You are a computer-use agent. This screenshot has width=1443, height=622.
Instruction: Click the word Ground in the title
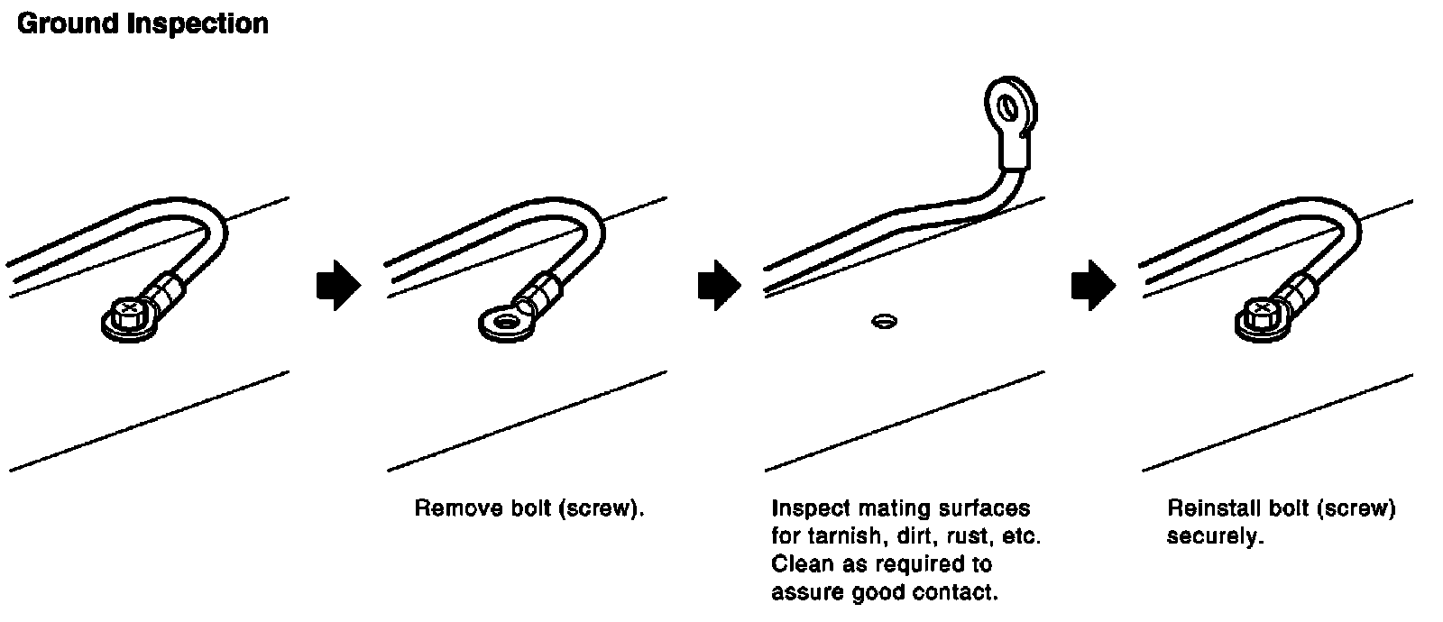click(x=68, y=23)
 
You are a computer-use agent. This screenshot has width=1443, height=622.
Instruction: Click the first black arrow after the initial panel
click(x=338, y=286)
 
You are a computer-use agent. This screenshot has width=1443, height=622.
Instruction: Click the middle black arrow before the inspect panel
click(x=719, y=286)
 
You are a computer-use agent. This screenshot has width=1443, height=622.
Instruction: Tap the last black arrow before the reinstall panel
click(x=1092, y=286)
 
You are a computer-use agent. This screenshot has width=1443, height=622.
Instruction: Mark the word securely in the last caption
click(x=1214, y=536)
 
